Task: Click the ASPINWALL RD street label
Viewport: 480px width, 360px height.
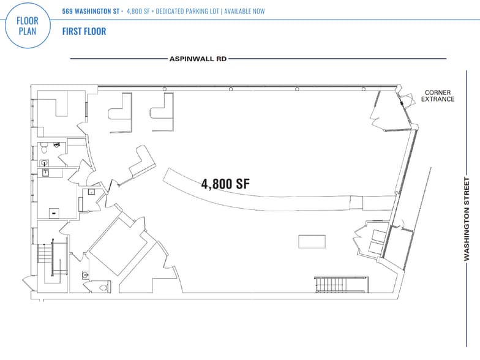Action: [198, 59]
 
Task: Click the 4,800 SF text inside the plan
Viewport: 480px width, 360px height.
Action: [225, 182]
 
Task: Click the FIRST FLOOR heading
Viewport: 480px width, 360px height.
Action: [84, 31]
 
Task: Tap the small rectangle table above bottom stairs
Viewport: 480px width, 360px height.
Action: [312, 241]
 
